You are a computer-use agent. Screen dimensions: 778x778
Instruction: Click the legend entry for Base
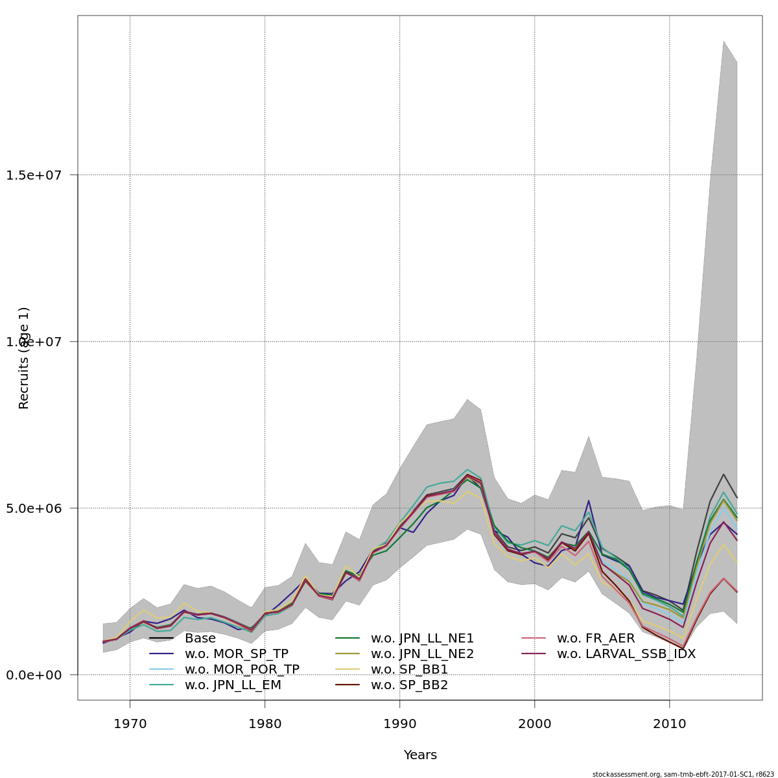click(200, 639)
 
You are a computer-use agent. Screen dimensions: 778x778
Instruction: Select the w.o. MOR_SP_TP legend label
click(237, 654)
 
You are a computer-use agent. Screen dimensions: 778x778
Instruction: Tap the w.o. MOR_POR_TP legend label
click(242, 670)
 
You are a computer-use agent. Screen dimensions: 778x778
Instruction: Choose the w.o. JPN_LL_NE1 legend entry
click(422, 639)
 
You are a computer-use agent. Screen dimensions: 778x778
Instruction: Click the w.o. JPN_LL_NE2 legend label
click(422, 654)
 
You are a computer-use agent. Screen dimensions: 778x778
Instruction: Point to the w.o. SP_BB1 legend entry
click(409, 670)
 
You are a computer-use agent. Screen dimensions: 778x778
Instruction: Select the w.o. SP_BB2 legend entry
click(409, 685)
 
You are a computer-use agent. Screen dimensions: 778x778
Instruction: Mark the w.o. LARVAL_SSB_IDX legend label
click(626, 654)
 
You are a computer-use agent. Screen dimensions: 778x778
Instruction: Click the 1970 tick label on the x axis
click(130, 723)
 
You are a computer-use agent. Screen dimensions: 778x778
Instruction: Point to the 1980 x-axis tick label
click(265, 723)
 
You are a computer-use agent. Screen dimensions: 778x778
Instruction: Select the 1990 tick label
click(399, 723)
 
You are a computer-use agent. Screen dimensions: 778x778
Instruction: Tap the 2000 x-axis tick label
click(534, 723)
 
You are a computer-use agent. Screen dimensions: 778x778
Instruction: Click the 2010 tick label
click(669, 723)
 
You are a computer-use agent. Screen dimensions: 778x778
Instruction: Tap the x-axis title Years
click(420, 755)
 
